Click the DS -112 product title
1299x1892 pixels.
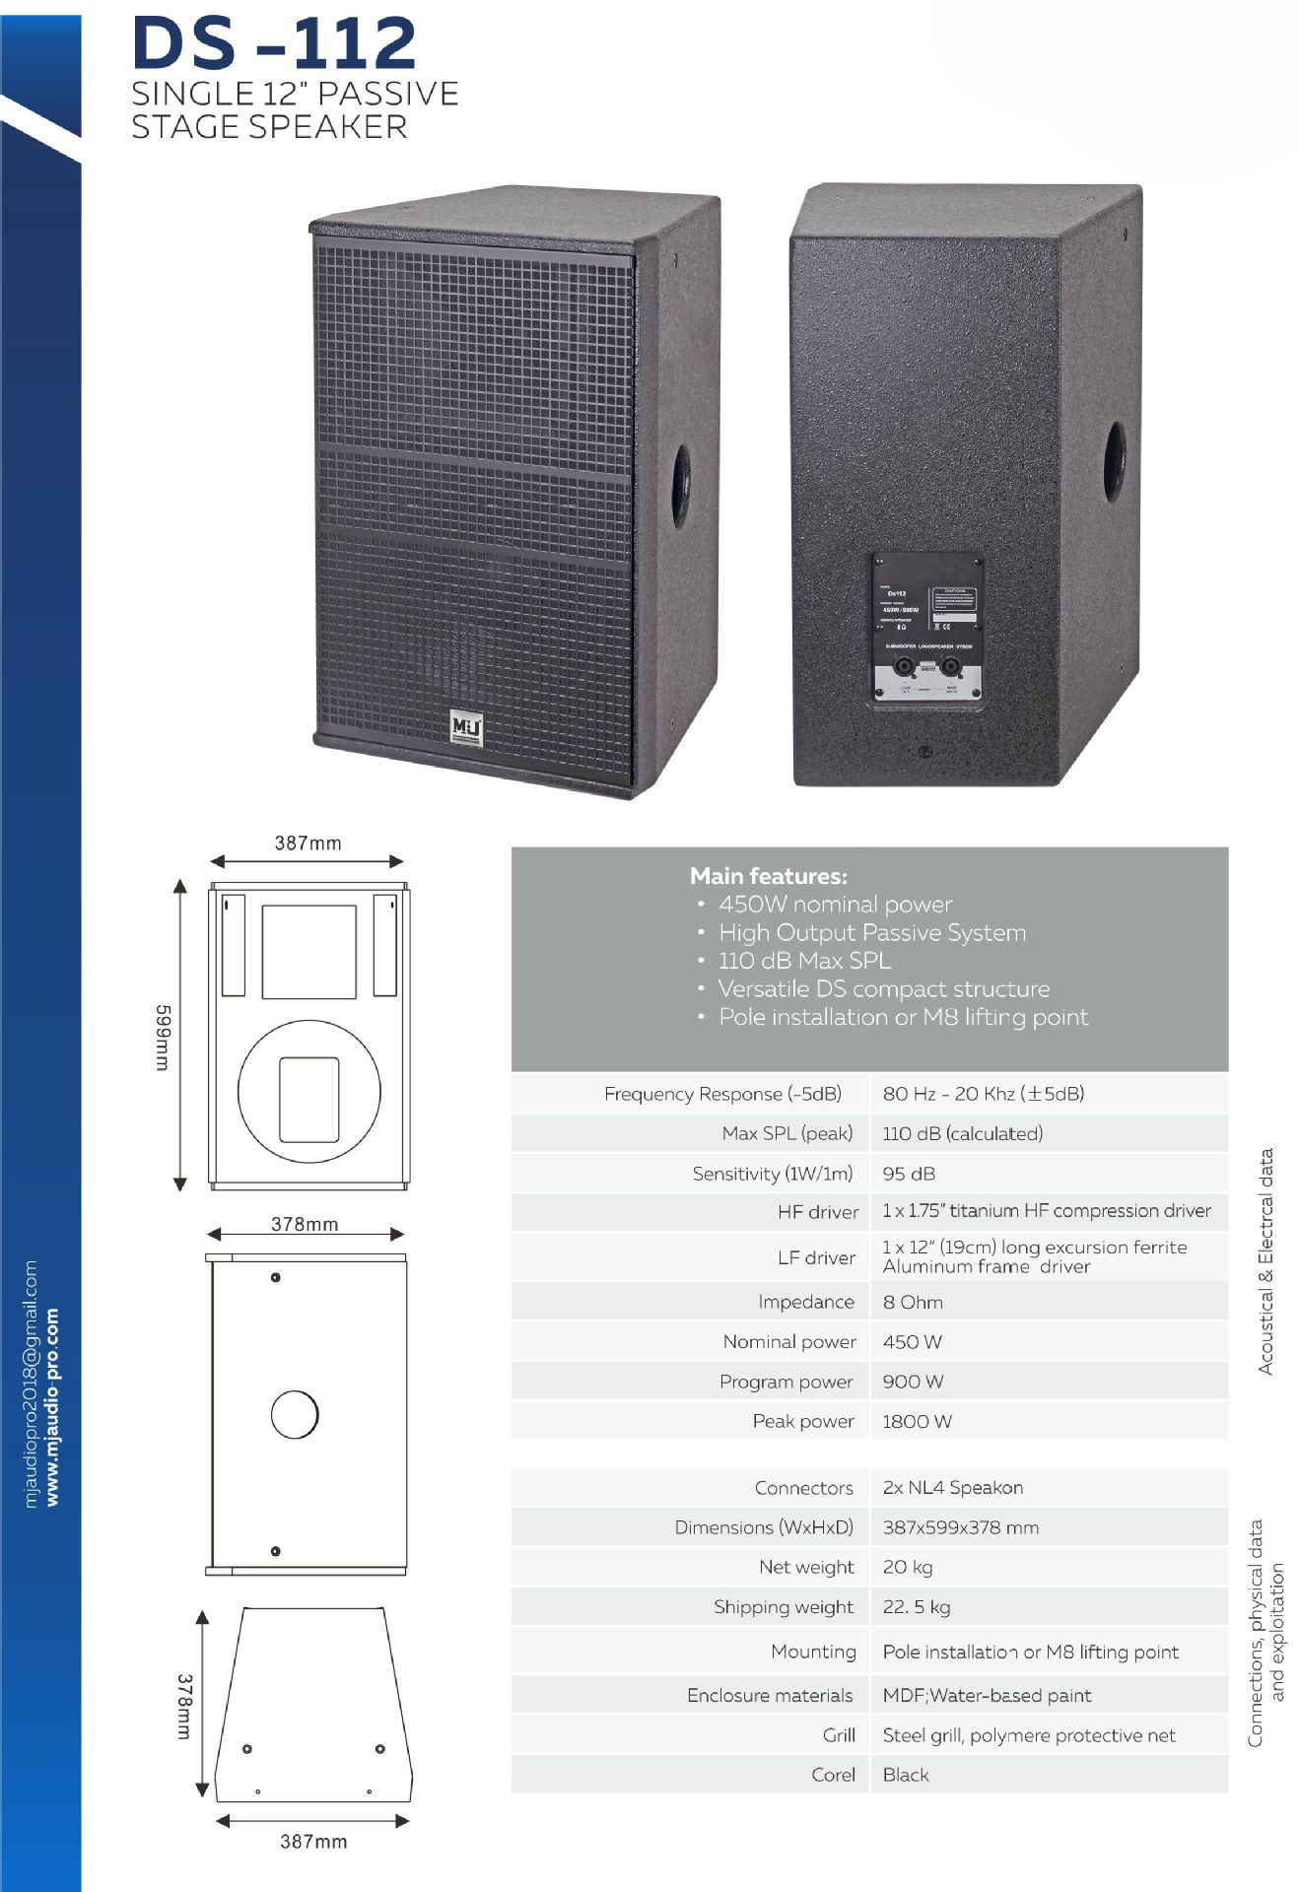point(274,43)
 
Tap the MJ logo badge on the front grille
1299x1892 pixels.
point(466,726)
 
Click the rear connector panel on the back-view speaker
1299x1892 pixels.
point(926,628)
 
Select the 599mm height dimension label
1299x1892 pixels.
point(164,1037)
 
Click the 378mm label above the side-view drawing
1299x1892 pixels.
point(305,1224)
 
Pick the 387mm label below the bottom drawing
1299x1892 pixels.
point(313,1841)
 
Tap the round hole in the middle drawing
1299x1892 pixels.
point(295,1415)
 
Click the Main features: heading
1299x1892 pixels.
point(768,875)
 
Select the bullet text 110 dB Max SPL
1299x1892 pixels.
point(804,960)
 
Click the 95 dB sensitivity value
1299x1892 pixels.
point(909,1174)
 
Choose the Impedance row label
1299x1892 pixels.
point(805,1302)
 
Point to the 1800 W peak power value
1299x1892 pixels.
point(917,1421)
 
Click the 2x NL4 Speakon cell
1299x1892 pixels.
point(952,1487)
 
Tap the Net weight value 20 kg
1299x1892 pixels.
point(907,1567)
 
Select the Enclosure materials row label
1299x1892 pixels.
point(769,1695)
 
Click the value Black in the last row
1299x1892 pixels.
point(905,1775)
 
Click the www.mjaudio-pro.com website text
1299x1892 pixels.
point(52,1406)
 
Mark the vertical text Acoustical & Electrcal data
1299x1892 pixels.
point(1265,1260)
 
